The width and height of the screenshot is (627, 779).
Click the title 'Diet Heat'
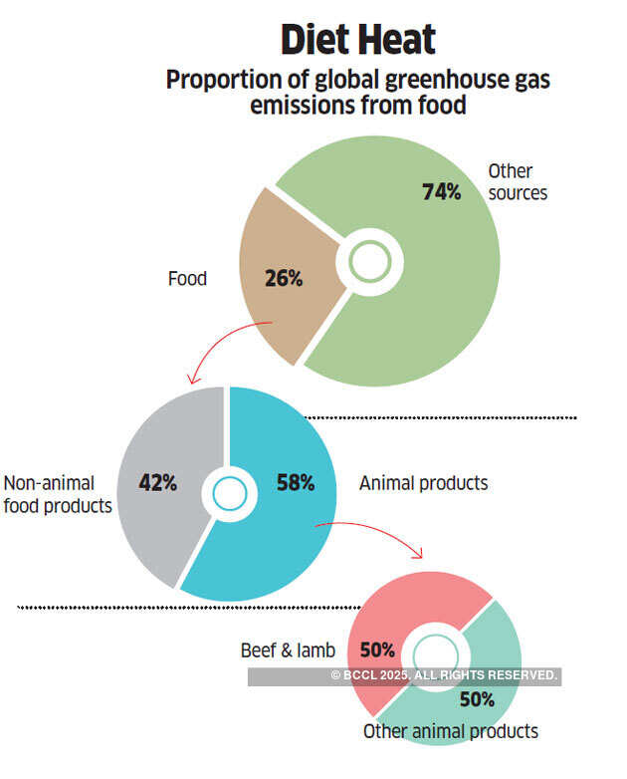coord(357,40)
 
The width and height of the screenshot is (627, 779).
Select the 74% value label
coord(441,191)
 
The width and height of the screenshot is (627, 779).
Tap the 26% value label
coord(284,279)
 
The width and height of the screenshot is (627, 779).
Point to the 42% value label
coord(157,483)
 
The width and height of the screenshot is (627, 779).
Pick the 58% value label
coord(295,483)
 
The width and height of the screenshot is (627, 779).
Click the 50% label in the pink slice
coord(377,650)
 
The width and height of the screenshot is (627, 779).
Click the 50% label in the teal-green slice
coord(477,699)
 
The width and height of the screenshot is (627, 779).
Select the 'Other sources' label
coord(518,182)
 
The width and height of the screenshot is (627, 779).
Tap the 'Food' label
coord(187,279)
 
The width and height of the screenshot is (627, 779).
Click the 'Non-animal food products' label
coord(58,494)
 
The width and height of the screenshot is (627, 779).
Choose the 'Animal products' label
coord(424,483)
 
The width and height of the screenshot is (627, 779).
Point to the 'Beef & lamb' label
coord(288,650)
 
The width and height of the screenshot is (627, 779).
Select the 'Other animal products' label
coord(451,731)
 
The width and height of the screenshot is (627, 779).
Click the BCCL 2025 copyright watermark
coord(444,676)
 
